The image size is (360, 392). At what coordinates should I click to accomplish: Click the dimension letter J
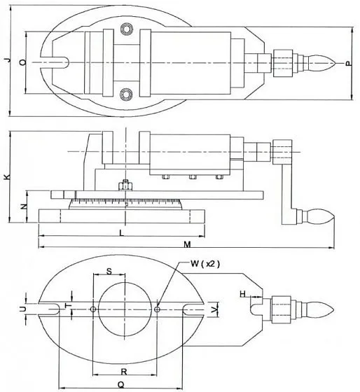click(8, 59)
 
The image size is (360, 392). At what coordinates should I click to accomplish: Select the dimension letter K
click(8, 176)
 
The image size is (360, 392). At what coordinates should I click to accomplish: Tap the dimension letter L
click(122, 233)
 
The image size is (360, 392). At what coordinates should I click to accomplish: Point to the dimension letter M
click(187, 244)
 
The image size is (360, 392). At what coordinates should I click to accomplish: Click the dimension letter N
click(24, 206)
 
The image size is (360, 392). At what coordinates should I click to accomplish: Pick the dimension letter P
click(349, 64)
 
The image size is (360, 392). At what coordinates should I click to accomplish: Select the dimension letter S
click(109, 272)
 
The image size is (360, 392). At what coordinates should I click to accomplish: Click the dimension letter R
click(124, 372)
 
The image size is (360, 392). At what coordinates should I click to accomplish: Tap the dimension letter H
click(242, 294)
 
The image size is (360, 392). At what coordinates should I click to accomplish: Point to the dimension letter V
click(214, 310)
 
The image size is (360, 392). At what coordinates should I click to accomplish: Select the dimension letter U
click(23, 309)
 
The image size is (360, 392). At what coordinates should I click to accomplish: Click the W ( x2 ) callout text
click(205, 264)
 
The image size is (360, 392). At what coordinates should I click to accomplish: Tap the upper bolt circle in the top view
click(126, 29)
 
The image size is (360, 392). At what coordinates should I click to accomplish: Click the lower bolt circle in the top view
click(126, 94)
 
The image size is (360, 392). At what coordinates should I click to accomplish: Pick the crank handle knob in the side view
click(318, 217)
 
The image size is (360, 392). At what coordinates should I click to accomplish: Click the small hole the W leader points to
click(157, 309)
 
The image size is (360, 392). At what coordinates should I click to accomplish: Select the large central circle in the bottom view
click(125, 309)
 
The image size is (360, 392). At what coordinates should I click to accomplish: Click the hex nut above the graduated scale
click(125, 185)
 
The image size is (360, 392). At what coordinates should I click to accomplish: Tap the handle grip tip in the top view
click(334, 63)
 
